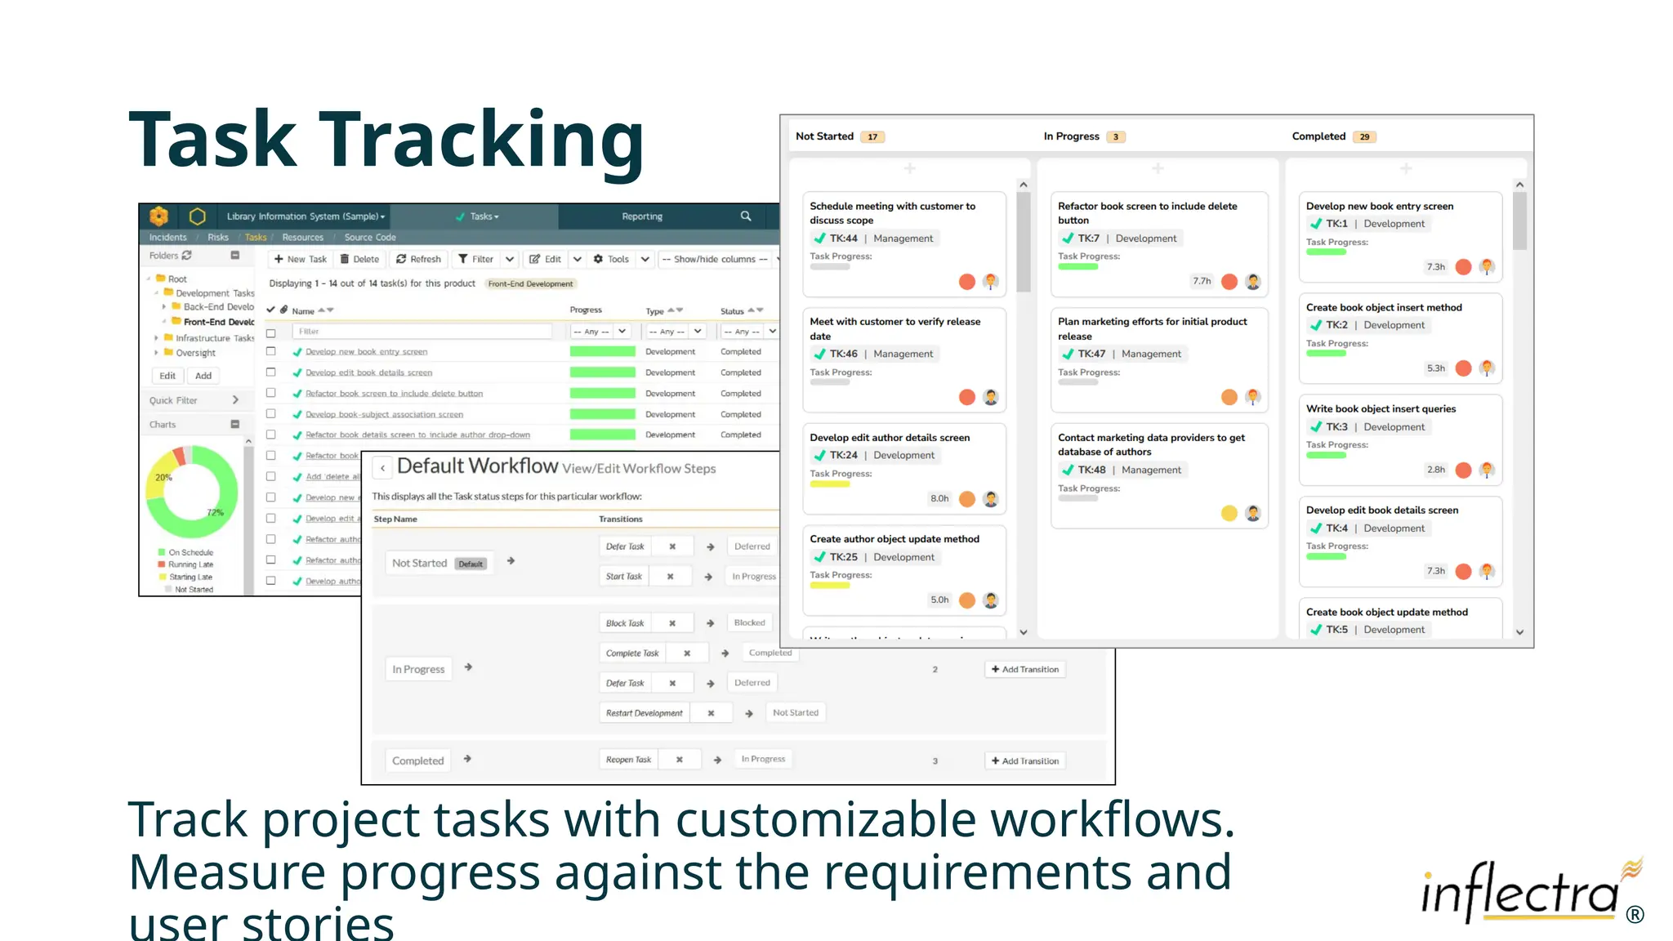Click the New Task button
click(x=300, y=259)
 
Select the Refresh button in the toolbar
click(x=418, y=259)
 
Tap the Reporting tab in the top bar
click(x=642, y=216)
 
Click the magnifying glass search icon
click(x=746, y=216)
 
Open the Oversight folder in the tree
click(x=195, y=353)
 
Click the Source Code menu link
click(x=370, y=238)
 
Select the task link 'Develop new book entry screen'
click(x=366, y=352)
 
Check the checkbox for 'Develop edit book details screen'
click(x=271, y=372)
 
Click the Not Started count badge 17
click(x=872, y=137)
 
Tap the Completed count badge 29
click(x=1364, y=137)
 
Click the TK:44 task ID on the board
click(x=843, y=239)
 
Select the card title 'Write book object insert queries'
click(x=1381, y=409)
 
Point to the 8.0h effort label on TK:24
click(x=939, y=498)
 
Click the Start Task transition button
click(x=624, y=577)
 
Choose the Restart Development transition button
click(x=644, y=713)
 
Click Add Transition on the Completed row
click(x=1025, y=761)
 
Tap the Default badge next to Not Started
click(x=471, y=564)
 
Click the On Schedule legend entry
click(x=190, y=553)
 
